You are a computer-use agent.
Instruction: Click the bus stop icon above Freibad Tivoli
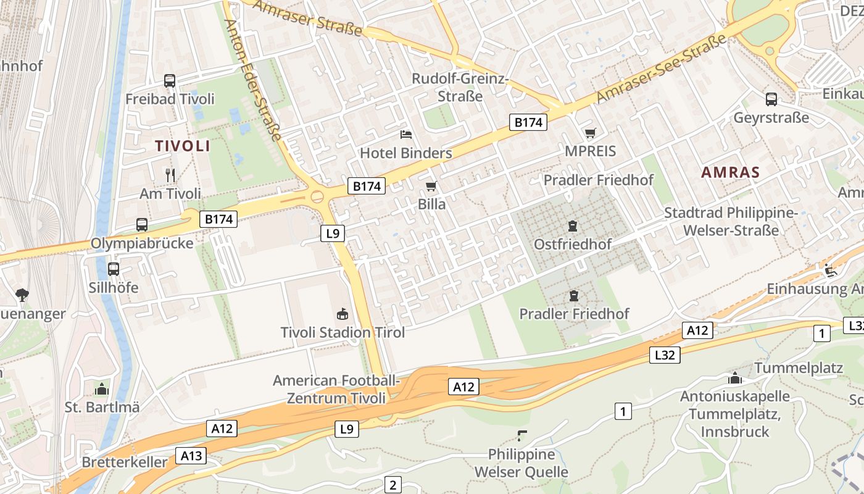169,81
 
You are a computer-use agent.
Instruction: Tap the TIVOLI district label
182,146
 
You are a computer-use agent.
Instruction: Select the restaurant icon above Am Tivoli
170,175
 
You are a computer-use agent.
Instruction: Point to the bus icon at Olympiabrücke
142,225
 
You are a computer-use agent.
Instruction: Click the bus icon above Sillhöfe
114,269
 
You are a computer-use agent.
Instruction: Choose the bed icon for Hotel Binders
405,134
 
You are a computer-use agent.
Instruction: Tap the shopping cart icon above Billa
431,186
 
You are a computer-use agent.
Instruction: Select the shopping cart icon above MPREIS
590,133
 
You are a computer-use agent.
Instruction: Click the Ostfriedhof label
573,245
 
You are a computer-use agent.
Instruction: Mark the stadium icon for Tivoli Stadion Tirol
342,314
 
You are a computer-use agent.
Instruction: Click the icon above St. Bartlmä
102,389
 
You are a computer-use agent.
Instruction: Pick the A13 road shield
191,456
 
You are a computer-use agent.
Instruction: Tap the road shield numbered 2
393,485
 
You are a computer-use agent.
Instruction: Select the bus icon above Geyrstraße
771,99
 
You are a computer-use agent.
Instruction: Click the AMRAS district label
730,172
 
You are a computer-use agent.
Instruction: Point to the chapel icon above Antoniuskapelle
734,378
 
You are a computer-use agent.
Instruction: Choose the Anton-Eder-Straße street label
253,80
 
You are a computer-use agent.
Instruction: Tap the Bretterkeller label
124,462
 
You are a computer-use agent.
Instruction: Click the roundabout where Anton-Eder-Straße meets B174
317,197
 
